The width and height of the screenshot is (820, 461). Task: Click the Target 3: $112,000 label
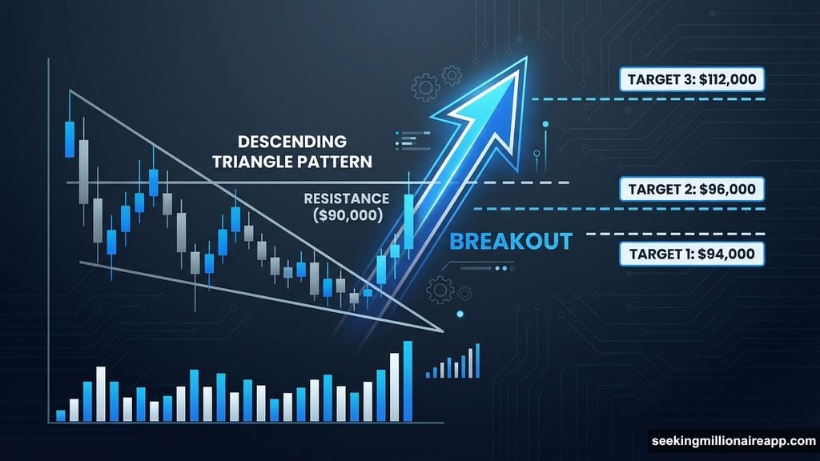(691, 80)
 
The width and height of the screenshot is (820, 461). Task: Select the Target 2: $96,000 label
(691, 190)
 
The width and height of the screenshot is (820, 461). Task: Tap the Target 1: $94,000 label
(691, 254)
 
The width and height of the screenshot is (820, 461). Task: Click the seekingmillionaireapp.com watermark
(733, 440)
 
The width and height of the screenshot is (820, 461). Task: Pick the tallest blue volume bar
(408, 381)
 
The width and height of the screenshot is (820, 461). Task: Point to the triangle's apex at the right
(442, 329)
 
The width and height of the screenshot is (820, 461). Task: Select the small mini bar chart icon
(454, 362)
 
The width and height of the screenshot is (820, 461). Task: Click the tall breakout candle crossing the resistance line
(409, 222)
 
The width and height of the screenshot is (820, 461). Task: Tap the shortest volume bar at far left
(60, 415)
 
